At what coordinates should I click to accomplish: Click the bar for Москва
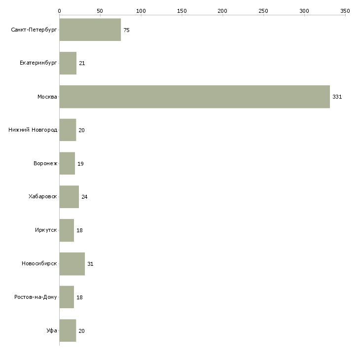194,97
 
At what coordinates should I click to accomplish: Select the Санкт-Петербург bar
90,30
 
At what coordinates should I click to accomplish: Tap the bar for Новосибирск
72,264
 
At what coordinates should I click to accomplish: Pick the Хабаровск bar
69,197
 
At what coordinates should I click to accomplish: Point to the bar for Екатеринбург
68,64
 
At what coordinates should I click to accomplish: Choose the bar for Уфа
68,330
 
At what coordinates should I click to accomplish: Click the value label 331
337,97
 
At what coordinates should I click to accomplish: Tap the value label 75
126,31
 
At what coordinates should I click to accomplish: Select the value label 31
90,264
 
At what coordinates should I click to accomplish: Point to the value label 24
84,197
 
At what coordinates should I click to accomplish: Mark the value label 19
80,164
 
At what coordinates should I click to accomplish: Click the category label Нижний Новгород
33,130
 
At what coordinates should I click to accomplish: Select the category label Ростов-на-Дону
36,297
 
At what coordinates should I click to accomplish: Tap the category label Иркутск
46,230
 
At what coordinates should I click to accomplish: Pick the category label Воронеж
45,164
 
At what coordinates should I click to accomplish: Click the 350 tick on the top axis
345,10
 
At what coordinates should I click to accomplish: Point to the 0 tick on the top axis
59,10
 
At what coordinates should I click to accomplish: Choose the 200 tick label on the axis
222,10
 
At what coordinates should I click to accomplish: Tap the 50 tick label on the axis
100,10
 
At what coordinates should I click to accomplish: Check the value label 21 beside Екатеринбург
82,64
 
